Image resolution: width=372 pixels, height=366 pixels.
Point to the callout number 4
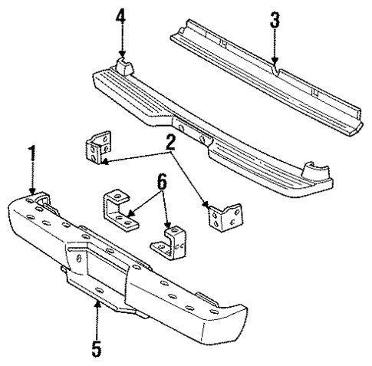120,17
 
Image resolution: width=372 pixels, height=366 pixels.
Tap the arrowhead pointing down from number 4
120,53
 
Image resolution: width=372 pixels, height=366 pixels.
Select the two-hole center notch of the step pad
192,134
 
